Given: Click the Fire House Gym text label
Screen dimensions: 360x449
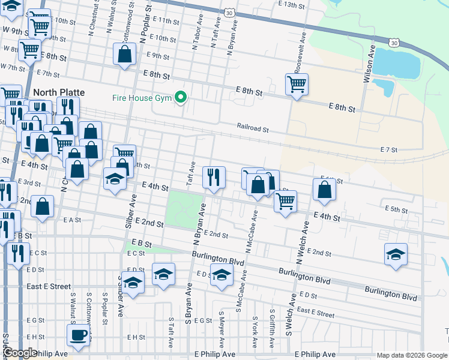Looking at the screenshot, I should [142, 98].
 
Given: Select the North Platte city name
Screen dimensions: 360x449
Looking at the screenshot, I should [59, 92].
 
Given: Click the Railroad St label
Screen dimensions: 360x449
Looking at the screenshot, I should [252, 128].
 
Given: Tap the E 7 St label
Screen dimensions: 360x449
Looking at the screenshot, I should [390, 149].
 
